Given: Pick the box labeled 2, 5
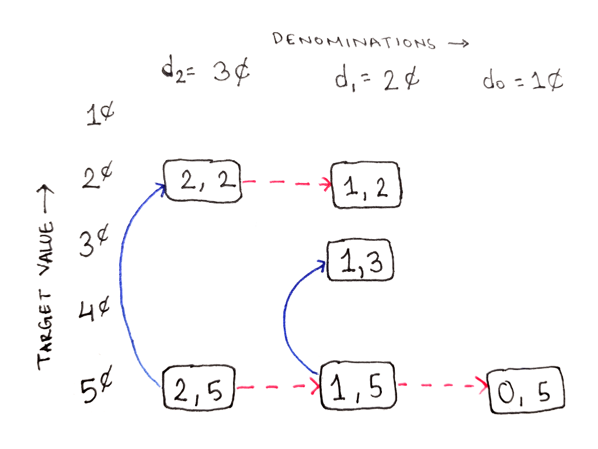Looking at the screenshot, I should (199, 387).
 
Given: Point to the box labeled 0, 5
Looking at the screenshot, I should (527, 390).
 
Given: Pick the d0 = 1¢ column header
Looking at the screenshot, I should (523, 81).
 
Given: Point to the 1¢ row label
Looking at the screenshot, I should (99, 115).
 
